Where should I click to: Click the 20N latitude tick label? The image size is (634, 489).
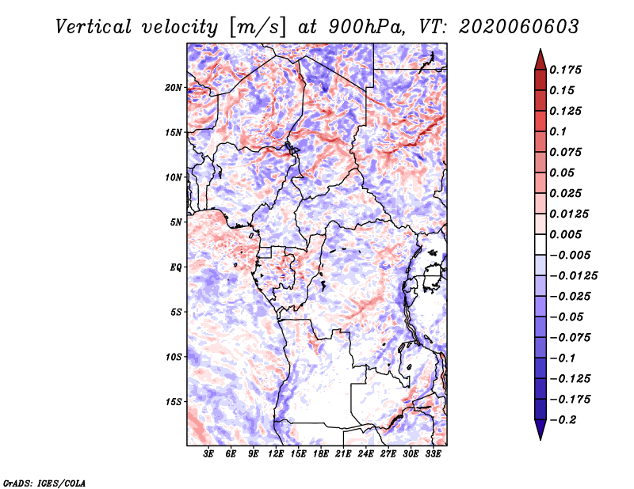[174, 88]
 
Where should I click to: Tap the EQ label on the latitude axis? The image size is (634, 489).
[176, 267]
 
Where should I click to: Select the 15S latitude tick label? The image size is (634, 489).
[174, 402]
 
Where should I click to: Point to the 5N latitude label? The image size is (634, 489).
[176, 222]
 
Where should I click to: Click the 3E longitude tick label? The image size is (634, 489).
[208, 453]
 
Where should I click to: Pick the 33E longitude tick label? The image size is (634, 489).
[433, 453]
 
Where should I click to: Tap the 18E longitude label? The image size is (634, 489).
[321, 453]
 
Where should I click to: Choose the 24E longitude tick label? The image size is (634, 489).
[365, 453]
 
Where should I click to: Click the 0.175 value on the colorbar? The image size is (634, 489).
[566, 70]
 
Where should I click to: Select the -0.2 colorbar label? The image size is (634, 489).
[563, 420]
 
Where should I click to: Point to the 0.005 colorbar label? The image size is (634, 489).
[566, 234]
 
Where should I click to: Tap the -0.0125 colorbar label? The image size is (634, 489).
[574, 276]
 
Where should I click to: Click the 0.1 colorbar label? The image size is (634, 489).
[559, 131]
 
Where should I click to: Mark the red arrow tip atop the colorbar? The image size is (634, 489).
[540, 49]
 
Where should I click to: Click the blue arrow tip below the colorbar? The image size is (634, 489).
[540, 439]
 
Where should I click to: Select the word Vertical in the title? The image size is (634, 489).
[94, 27]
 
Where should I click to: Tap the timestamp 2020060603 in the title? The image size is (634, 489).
[519, 27]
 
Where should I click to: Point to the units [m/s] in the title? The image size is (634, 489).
[258, 27]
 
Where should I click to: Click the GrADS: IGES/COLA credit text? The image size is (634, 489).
[44, 483]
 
